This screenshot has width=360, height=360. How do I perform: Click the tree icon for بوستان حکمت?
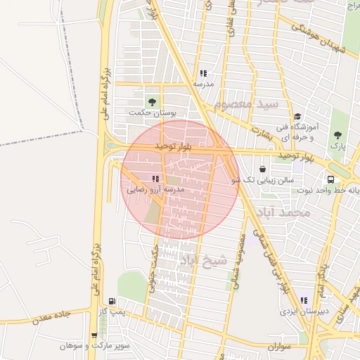click(151, 102)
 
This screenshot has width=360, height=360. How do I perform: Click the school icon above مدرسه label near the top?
click(203, 73)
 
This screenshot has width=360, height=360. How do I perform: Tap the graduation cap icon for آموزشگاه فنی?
click(297, 117)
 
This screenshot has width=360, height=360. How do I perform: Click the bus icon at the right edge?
click(330, 179)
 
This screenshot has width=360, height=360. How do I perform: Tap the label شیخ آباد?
click(204, 261)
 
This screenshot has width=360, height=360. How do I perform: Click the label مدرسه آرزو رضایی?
click(155, 190)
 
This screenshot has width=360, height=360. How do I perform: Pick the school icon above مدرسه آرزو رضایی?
click(155, 179)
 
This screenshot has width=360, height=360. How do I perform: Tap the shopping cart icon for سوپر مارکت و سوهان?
click(94, 335)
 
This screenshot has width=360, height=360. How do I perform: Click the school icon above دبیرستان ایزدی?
click(304, 300)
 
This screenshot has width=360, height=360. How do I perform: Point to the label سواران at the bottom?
click(279, 347)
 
